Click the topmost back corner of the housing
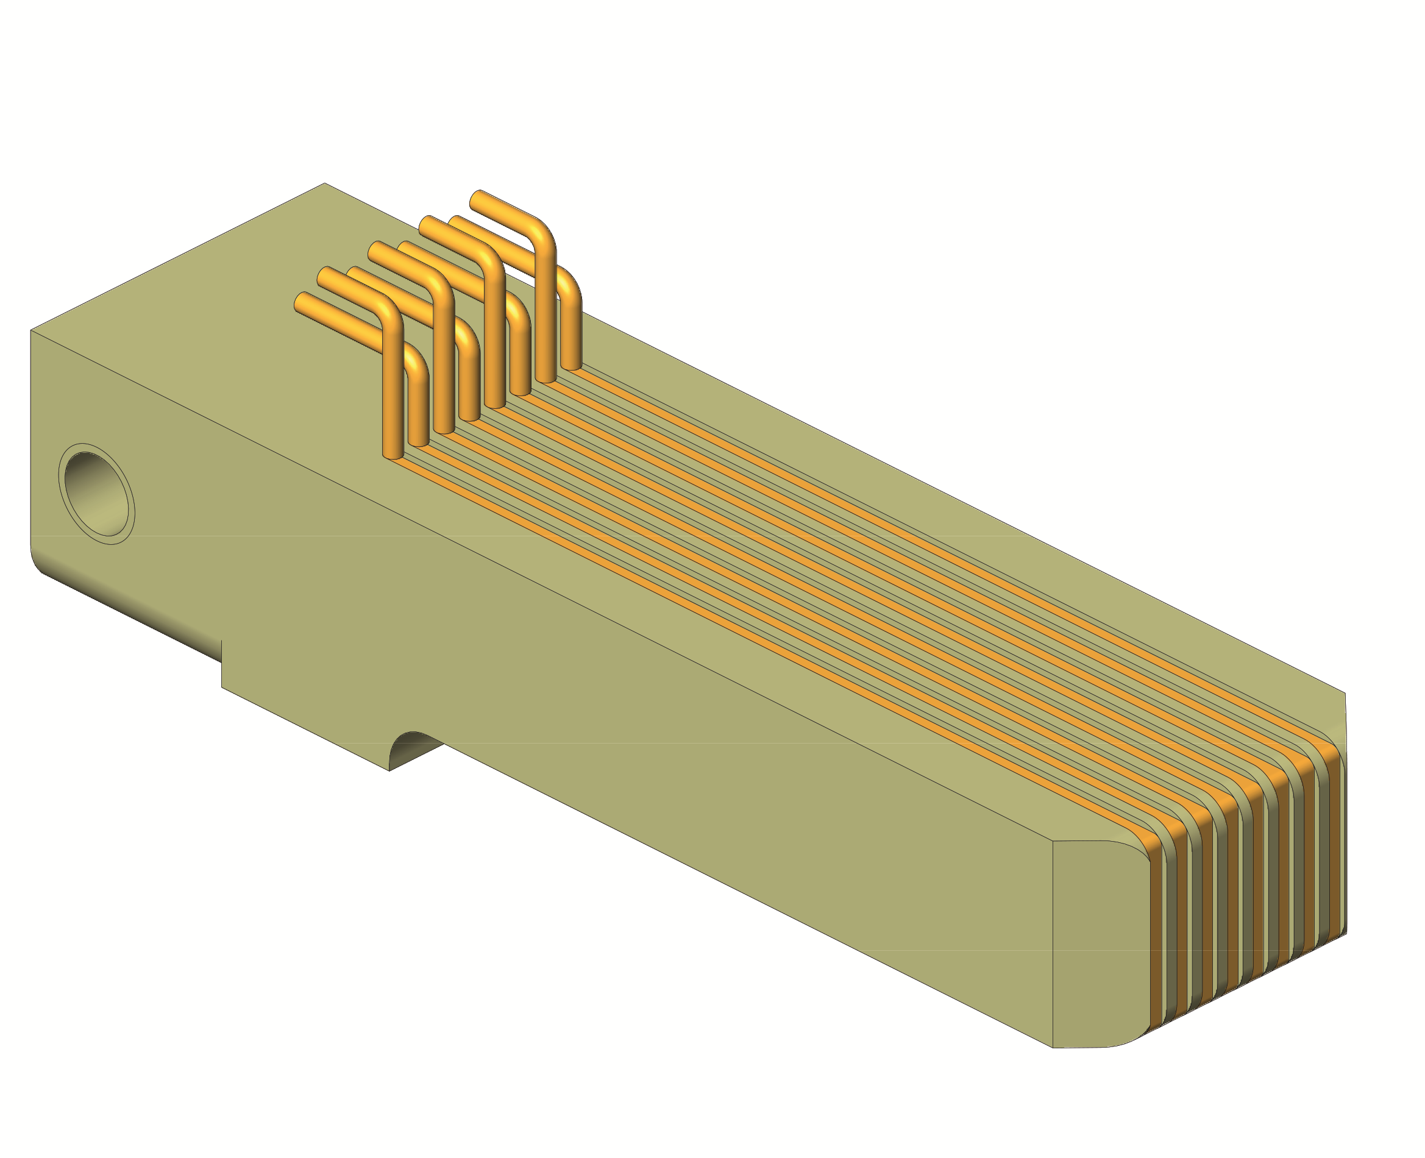pyautogui.click(x=325, y=183)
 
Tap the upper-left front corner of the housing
pyautogui.click(x=31, y=330)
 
